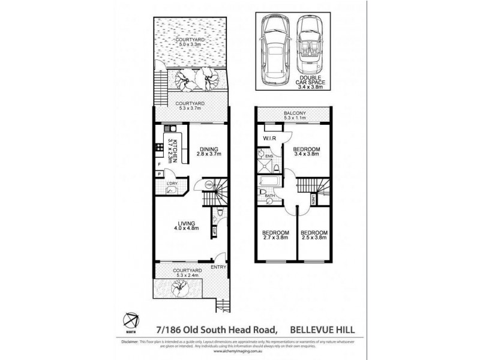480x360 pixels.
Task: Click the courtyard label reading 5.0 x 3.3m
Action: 190,41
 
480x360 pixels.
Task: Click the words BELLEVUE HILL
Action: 323,328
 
